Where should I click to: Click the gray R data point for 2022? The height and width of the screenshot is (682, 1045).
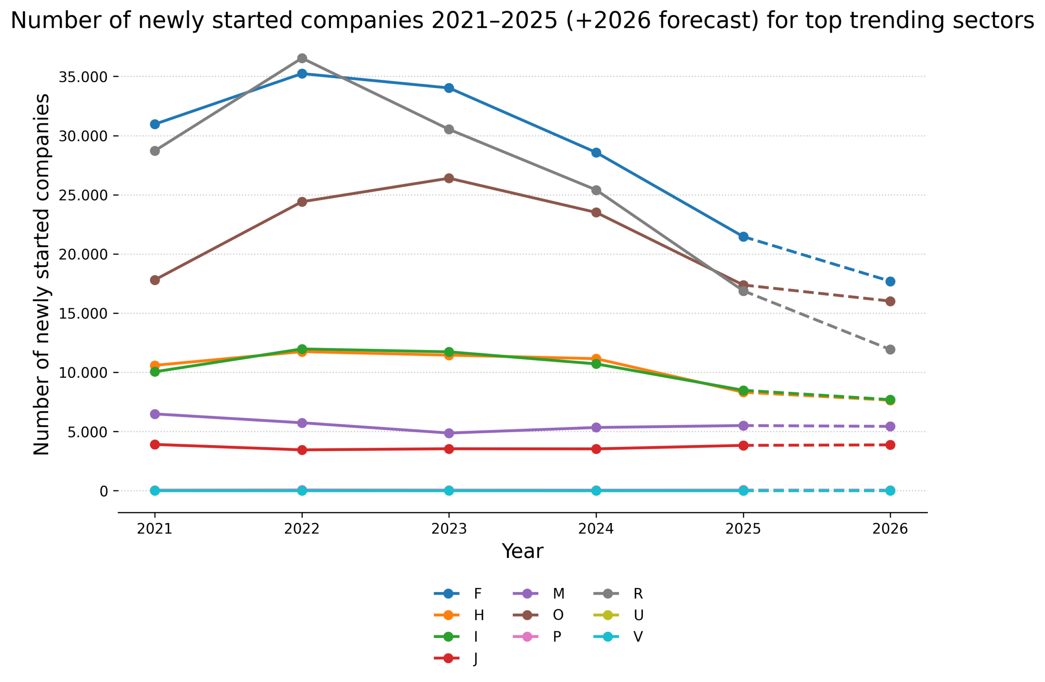coord(302,58)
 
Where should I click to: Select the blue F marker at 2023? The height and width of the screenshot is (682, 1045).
coord(449,88)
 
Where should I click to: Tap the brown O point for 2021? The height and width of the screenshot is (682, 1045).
coord(155,280)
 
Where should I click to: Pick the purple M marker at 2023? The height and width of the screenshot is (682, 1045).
coord(449,433)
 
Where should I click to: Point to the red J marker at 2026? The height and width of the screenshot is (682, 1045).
coord(890,445)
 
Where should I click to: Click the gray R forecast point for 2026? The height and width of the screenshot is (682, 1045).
coord(890,350)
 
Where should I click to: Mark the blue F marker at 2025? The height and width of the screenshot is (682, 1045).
coord(743,237)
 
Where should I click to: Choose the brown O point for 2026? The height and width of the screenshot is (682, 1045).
coord(890,301)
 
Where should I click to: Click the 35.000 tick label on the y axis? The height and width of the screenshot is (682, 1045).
coord(83,77)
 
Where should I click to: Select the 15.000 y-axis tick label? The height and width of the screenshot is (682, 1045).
coord(83,314)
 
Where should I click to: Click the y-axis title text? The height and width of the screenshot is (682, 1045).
coord(42,274)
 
